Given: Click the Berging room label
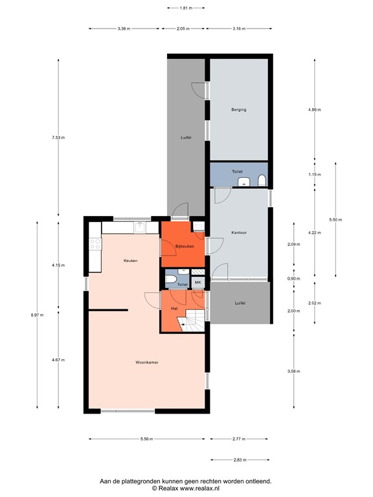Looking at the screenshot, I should pyautogui.click(x=238, y=110).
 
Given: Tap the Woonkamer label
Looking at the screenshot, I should pyautogui.click(x=147, y=362).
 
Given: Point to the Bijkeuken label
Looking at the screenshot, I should pyautogui.click(x=185, y=246).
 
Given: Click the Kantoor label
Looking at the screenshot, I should pyautogui.click(x=239, y=232).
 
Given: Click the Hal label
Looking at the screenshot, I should pyautogui.click(x=174, y=309).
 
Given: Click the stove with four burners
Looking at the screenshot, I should pyautogui.click(x=95, y=244).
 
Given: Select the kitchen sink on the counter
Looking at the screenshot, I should pyautogui.click(x=139, y=226).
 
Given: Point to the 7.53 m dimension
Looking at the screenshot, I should pyautogui.click(x=58, y=137).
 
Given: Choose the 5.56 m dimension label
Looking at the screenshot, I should pyautogui.click(x=146, y=439).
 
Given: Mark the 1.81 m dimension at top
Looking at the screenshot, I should pyautogui.click(x=186, y=8).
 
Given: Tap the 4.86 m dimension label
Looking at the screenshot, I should pyautogui.click(x=313, y=110).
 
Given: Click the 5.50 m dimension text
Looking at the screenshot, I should pyautogui.click(x=335, y=220).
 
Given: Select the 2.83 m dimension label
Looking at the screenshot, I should pyautogui.click(x=240, y=460).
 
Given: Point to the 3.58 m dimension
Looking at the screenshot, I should pyautogui.click(x=294, y=371).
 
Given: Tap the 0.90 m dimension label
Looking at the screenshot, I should pyautogui.click(x=294, y=278).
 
